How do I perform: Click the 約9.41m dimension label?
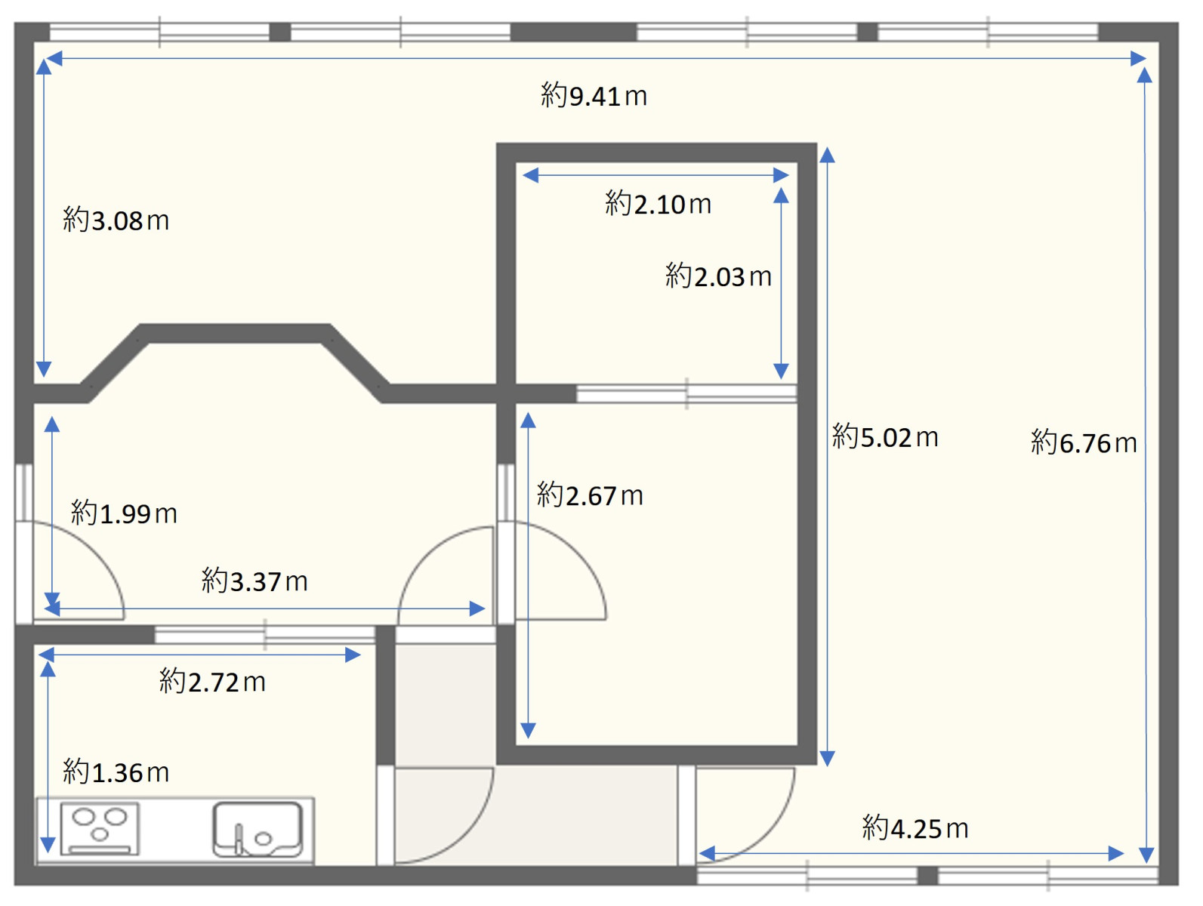coord(594,95)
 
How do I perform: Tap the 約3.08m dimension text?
coord(116,220)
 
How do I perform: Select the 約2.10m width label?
coord(658,203)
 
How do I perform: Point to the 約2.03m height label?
coord(718,276)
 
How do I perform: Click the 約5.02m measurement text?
coord(884,436)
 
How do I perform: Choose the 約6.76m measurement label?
coord(1084,442)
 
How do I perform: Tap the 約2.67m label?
coord(589,495)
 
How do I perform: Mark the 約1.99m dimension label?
coord(124,513)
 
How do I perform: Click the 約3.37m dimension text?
coord(254,581)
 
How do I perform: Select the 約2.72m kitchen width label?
coord(212,682)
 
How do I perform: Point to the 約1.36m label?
coord(116,772)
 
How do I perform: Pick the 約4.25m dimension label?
coord(915,827)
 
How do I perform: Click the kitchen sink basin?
coord(257,829)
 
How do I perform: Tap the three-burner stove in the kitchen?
coord(99,828)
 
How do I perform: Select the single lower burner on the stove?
coord(99,834)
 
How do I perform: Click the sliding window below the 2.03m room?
coord(686,393)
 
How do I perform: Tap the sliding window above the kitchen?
coord(265,634)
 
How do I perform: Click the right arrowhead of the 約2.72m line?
coord(353,655)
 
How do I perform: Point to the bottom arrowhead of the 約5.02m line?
coord(827,758)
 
